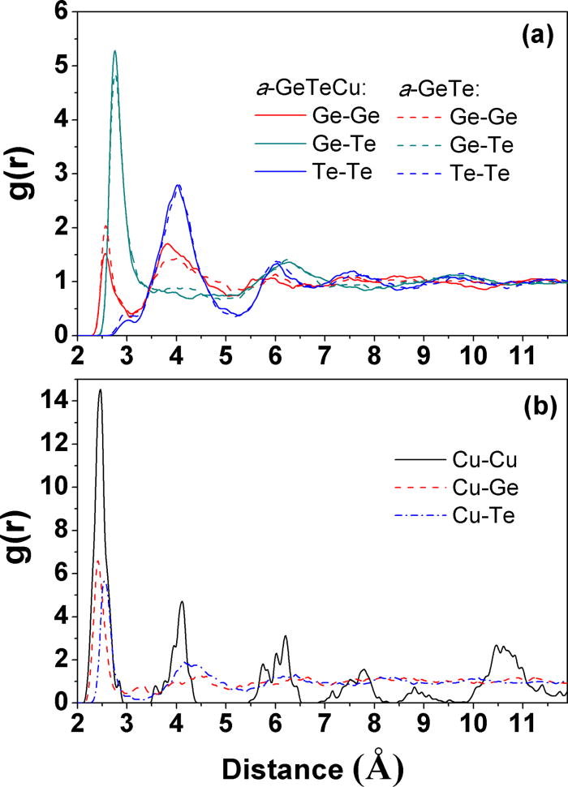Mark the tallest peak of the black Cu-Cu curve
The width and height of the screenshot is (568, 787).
tap(100, 390)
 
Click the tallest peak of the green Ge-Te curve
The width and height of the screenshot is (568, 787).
tap(114, 51)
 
